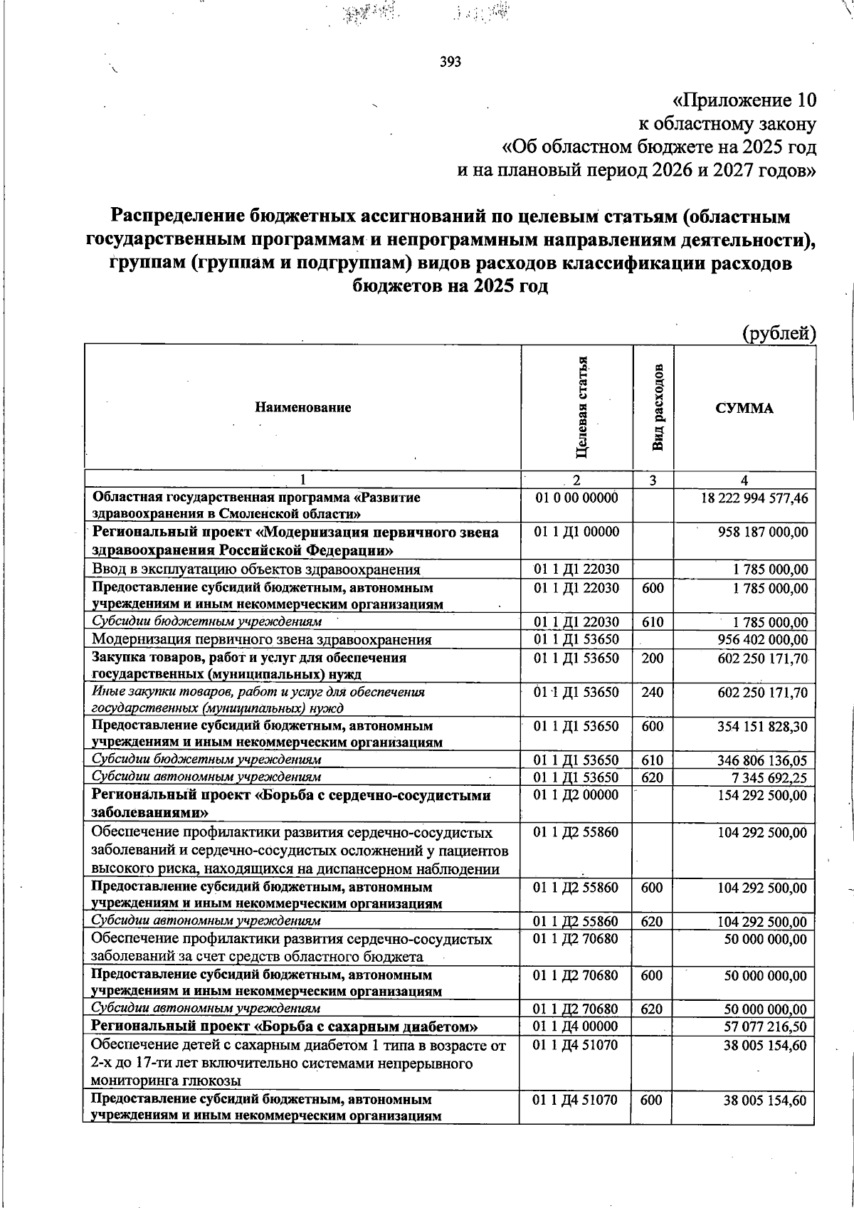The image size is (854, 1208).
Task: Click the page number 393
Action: pyautogui.click(x=450, y=62)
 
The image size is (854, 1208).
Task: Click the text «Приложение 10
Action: pyautogui.click(x=744, y=100)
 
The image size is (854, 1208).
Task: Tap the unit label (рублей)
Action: pyautogui.click(x=779, y=332)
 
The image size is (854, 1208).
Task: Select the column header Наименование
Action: pyautogui.click(x=303, y=408)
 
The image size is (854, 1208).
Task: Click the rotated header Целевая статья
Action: pyautogui.click(x=583, y=406)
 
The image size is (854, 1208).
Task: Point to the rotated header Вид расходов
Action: pyautogui.click(x=658, y=408)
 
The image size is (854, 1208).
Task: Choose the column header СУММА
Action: pyautogui.click(x=744, y=408)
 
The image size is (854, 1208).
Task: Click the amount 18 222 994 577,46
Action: pyautogui.click(x=754, y=498)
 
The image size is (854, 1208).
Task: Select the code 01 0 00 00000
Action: pyautogui.click(x=576, y=498)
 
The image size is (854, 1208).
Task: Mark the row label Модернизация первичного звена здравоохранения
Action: pyautogui.click(x=261, y=640)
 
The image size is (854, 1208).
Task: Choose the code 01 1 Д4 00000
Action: pyautogui.click(x=576, y=1026)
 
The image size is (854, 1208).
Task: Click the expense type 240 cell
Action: pyautogui.click(x=652, y=692)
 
